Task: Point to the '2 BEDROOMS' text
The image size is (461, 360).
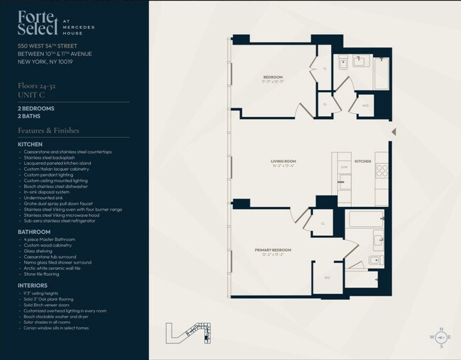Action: point(36,108)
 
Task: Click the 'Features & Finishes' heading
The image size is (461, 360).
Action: point(48,131)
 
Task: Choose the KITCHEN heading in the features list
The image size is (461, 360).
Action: point(30,145)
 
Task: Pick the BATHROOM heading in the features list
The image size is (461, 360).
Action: point(33,232)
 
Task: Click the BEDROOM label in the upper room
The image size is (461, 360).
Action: point(273,77)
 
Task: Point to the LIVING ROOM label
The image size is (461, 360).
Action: point(282,162)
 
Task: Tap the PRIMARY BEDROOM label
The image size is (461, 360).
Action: point(273,250)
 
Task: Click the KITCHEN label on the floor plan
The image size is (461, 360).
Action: point(362,162)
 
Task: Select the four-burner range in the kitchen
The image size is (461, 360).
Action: point(381,170)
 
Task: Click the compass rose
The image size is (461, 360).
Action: point(440,338)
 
